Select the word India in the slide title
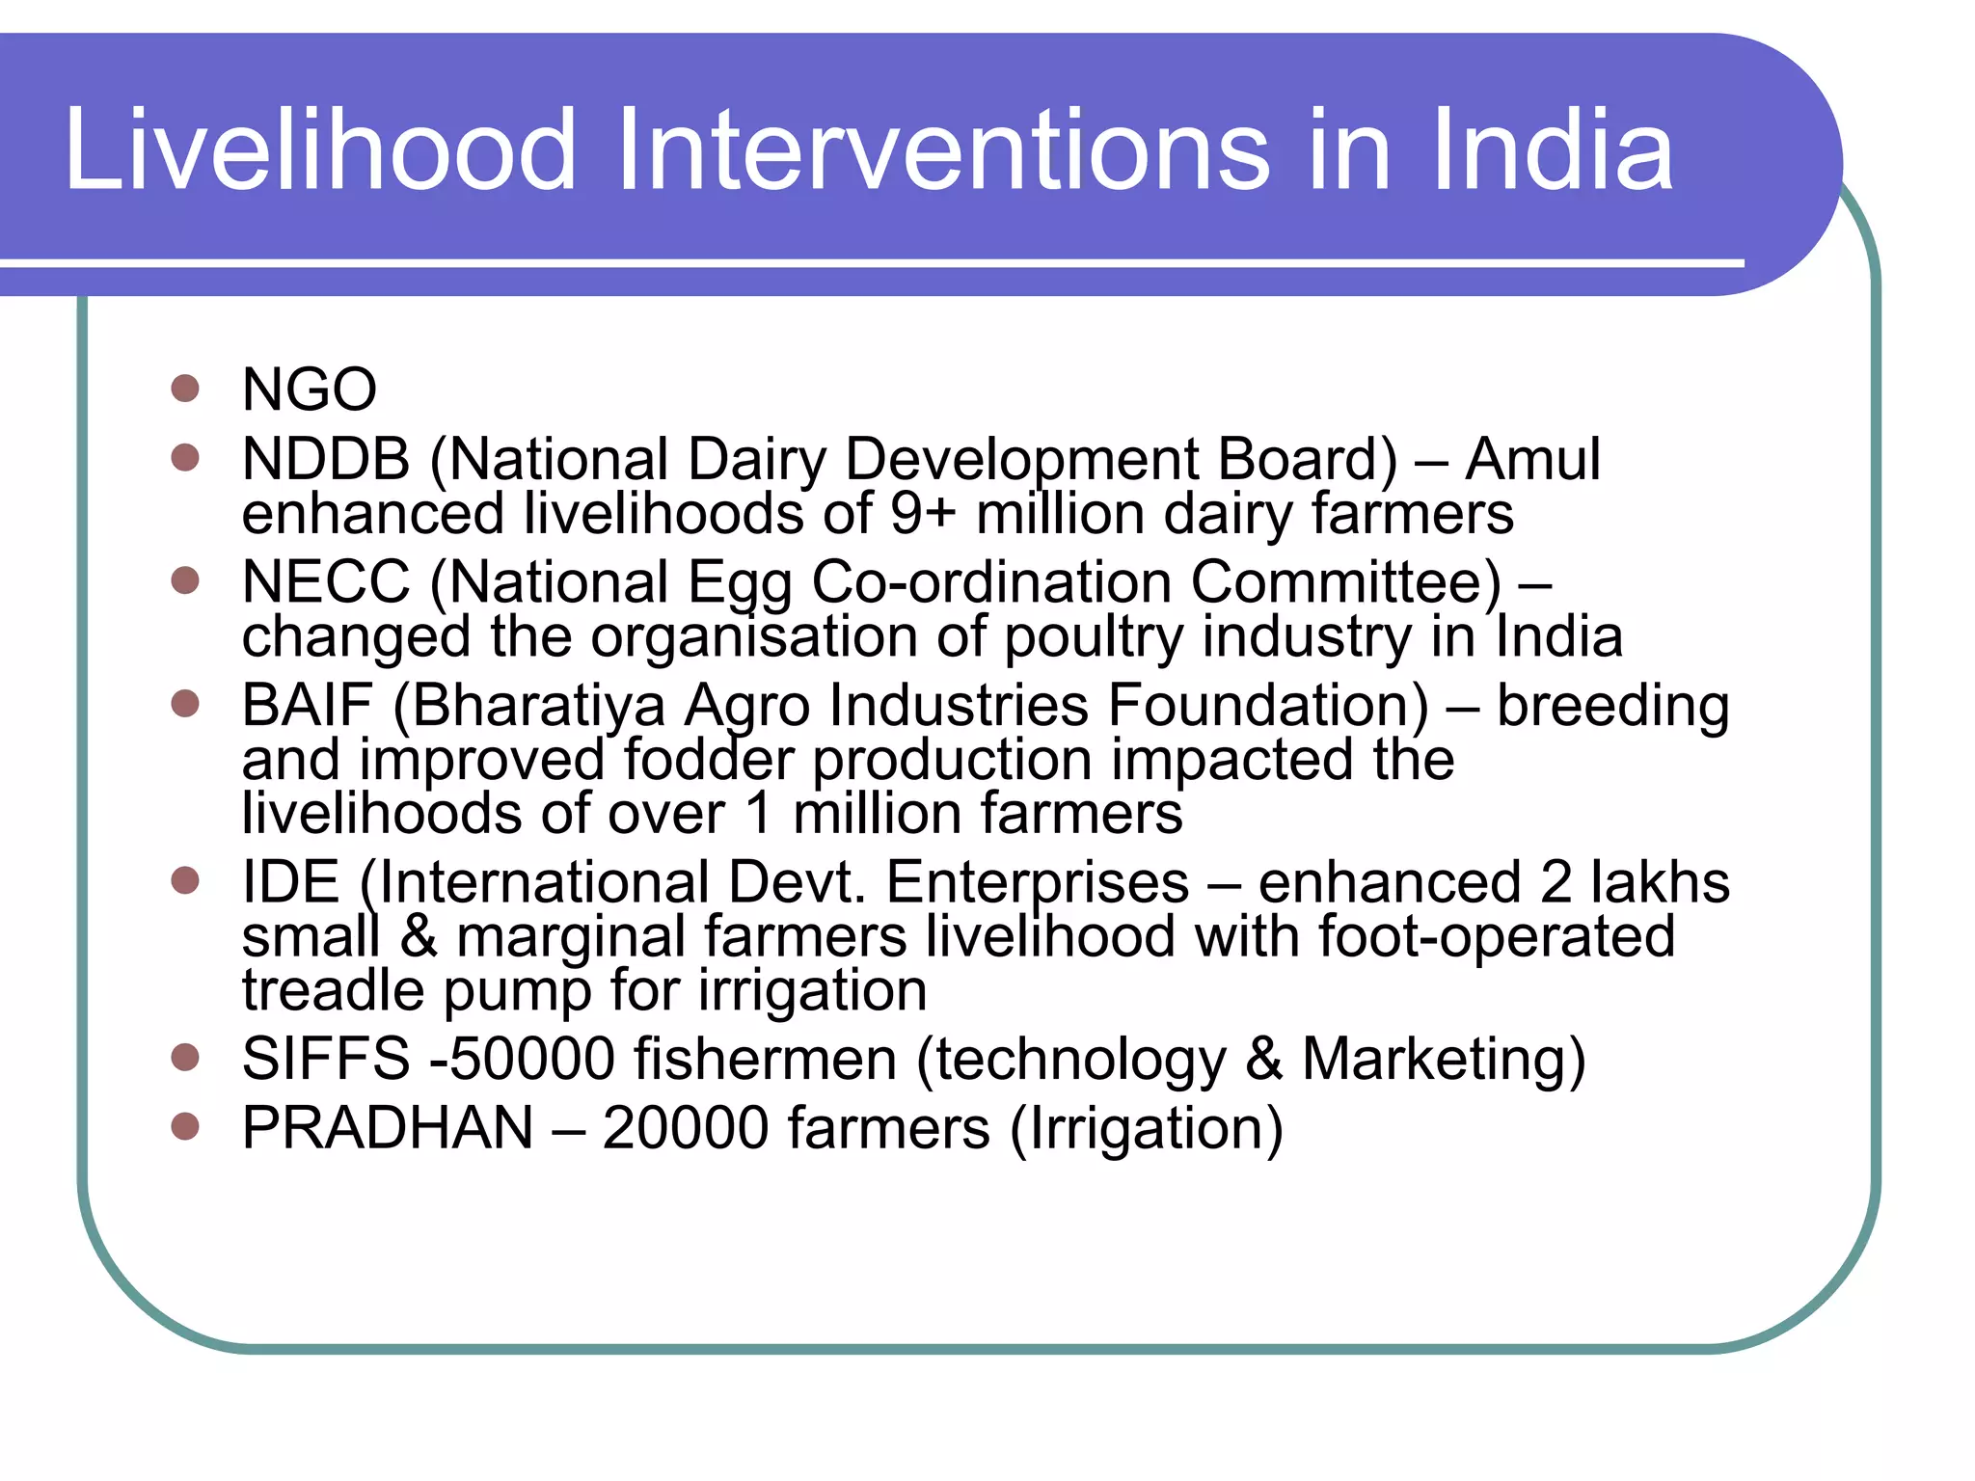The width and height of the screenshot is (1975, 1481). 1552,150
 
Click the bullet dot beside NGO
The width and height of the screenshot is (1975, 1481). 184,389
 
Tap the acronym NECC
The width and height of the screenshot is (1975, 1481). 326,581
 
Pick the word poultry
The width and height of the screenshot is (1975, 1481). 1094,638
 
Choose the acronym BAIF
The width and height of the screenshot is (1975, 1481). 307,705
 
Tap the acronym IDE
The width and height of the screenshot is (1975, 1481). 290,881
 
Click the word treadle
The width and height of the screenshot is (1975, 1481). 333,990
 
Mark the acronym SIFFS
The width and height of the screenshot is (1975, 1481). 326,1058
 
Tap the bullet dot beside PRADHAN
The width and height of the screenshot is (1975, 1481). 184,1125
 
